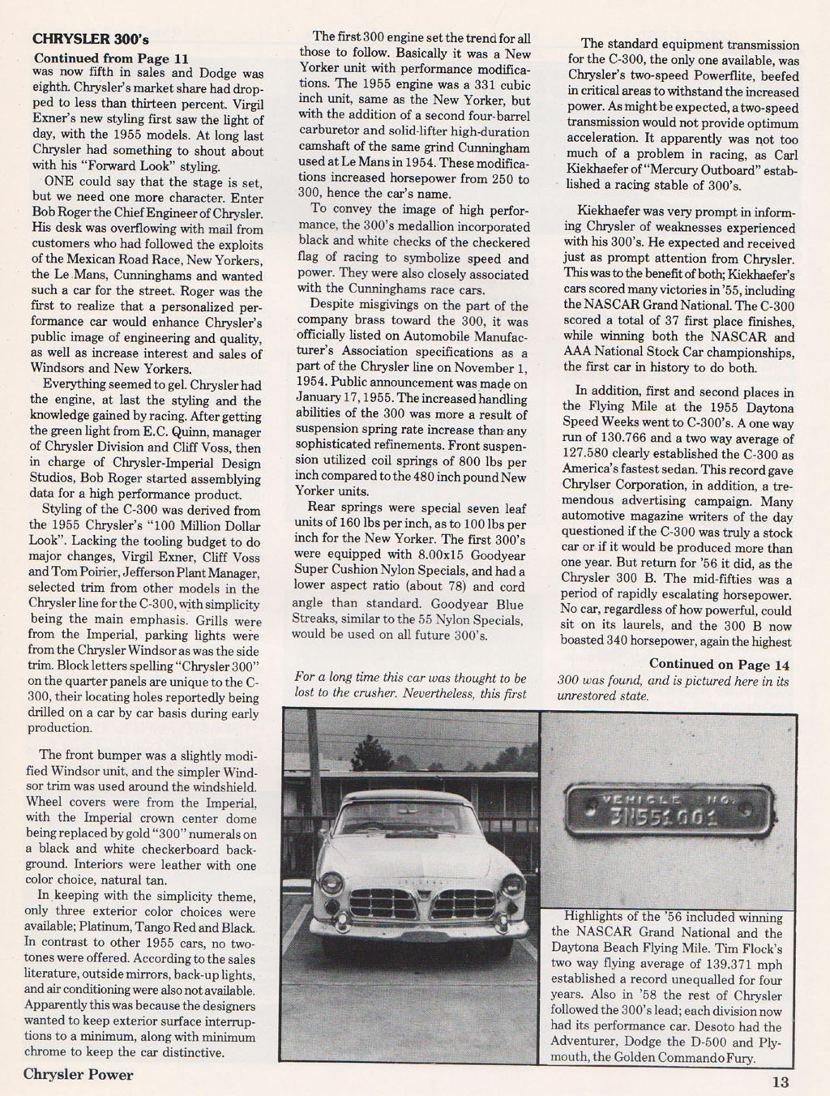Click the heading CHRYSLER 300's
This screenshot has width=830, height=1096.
(90, 38)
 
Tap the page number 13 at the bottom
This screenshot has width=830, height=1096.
(781, 1081)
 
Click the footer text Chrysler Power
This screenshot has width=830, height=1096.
(78, 1075)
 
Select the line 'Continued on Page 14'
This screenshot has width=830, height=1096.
(719, 665)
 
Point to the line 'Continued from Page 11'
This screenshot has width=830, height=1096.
(111, 58)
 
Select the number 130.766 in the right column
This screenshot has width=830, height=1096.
(622, 438)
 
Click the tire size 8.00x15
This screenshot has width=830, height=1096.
(434, 555)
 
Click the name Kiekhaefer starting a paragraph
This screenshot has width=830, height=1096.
(605, 212)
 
